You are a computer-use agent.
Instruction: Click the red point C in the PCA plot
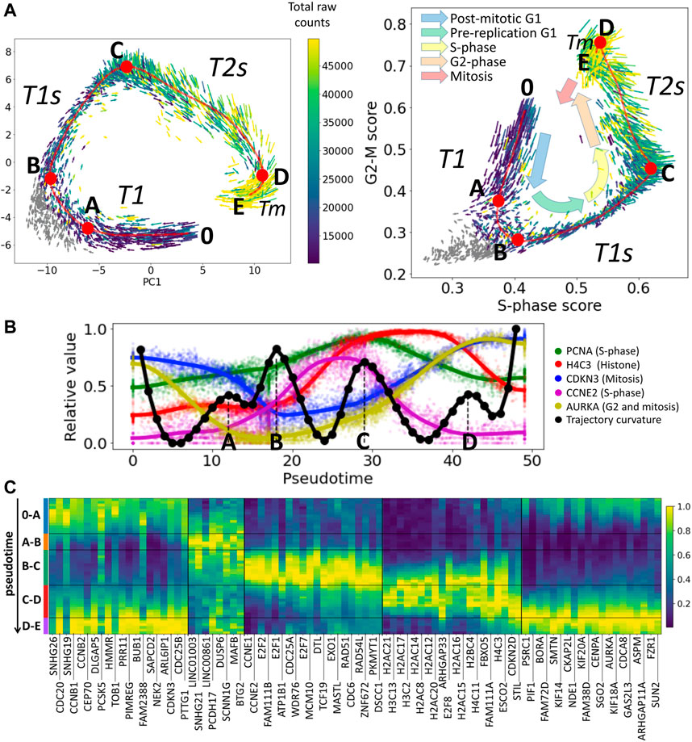point(126,66)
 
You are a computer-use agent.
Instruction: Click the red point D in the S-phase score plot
point(600,42)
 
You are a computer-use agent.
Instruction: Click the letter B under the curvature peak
point(277,442)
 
